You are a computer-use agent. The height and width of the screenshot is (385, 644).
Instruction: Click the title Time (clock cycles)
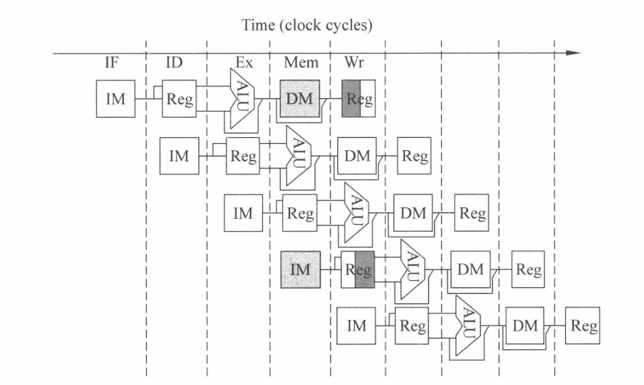pos(307,25)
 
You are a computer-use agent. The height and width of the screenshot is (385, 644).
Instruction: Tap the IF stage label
pos(112,63)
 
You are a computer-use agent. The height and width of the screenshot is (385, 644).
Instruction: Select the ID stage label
pos(174,63)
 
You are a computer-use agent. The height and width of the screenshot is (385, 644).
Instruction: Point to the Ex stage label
pos(243,63)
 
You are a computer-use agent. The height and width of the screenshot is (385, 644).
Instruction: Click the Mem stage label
pos(299,63)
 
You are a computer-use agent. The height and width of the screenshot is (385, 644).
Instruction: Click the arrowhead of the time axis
pos(574,53)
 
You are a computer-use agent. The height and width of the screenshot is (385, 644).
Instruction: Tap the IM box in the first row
pos(115,99)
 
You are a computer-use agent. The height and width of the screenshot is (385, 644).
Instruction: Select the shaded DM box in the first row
pos(299,99)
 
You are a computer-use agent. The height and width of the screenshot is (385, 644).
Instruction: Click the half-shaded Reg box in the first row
pos(358,99)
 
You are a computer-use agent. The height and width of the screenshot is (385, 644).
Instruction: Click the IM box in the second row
pos(178,156)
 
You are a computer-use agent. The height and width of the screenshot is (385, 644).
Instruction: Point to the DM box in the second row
pos(356,156)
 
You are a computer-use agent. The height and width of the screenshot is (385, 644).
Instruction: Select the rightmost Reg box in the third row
pos(472,214)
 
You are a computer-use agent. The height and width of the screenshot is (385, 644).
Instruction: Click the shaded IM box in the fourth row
pos(300,269)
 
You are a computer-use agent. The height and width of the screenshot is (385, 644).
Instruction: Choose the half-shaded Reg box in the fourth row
pos(358,269)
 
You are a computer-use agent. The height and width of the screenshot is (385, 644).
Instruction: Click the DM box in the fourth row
pos(470,269)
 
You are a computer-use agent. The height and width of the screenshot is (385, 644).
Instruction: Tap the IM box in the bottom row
pos(356,325)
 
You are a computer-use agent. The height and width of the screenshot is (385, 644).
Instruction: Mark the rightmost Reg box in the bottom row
pos(583,325)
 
